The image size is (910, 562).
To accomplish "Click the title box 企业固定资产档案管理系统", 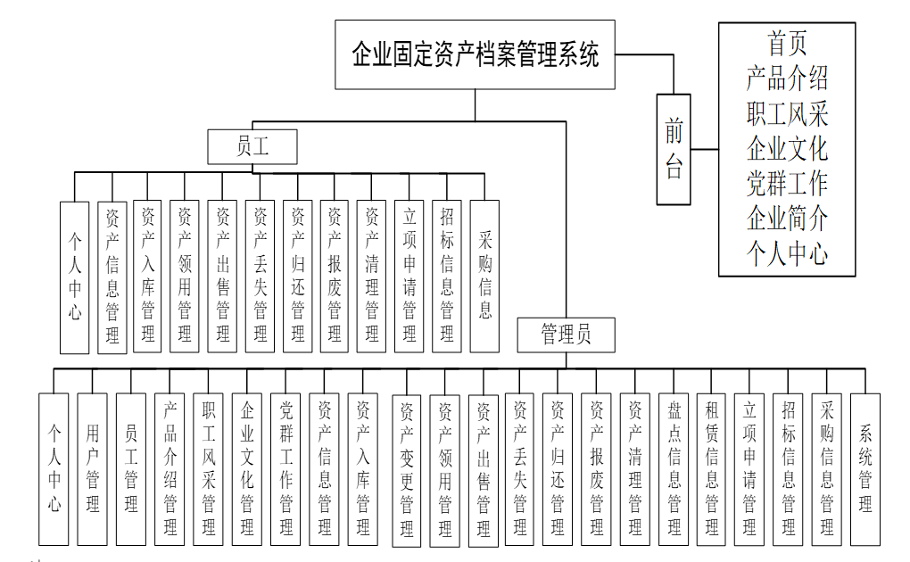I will tap(475, 55).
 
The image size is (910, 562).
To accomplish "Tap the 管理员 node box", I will tap(566, 335).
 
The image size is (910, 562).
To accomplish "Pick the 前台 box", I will tap(674, 149).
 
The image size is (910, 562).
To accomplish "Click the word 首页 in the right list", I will tap(787, 44).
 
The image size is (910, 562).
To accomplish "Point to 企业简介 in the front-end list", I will tap(787, 219).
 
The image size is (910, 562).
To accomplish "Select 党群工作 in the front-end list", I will tap(787, 183).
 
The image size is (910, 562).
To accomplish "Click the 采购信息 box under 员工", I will tap(484, 275).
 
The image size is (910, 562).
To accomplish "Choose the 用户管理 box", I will tap(92, 468).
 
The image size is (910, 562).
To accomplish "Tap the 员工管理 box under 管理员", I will tap(130, 468).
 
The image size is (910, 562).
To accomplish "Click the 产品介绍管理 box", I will tap(170, 468).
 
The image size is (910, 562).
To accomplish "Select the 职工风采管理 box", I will tap(208, 468).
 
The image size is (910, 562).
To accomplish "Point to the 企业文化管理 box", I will tap(247, 468).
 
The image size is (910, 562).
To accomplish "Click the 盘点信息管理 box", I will tap(674, 468).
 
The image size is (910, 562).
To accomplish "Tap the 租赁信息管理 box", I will tap(712, 468).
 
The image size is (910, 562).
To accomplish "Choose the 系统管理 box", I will tap(864, 468).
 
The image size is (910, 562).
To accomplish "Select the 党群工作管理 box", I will tap(285, 468).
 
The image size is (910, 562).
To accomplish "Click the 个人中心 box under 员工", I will tap(75, 277).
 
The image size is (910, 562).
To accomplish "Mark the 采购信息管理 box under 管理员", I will tap(827, 468).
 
